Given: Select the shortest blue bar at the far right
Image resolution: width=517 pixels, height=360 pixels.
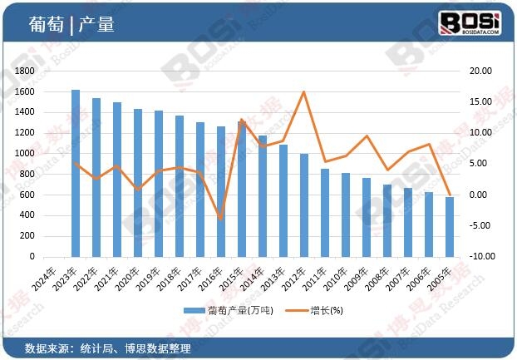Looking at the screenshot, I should tap(450, 226).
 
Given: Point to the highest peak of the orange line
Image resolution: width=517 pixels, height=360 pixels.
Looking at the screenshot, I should tap(304, 91).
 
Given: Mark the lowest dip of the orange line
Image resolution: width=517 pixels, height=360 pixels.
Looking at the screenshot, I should tap(221, 219).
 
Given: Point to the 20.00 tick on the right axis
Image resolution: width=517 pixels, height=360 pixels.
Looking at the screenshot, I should tap(480, 72).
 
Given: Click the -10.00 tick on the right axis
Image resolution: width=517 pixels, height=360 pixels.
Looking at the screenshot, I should tap(480, 256).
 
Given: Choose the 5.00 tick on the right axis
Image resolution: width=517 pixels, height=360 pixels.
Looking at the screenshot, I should tap(481, 164).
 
